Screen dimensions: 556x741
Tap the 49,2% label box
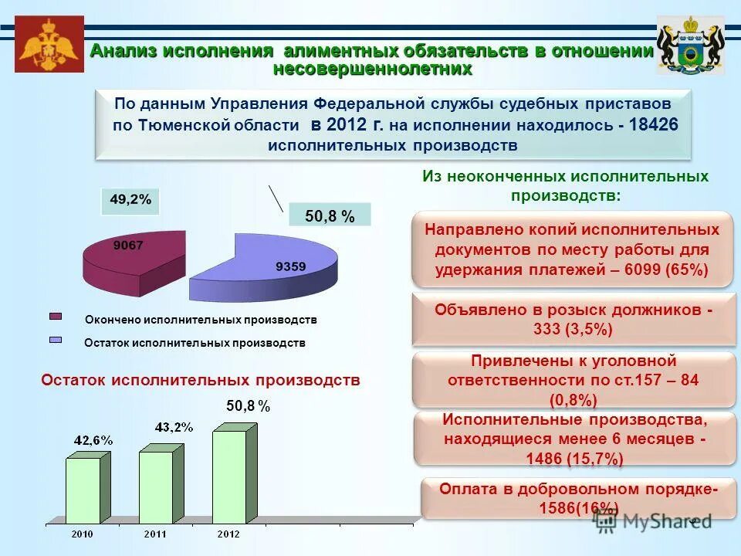(x=130, y=199)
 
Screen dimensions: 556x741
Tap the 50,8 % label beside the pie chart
(x=330, y=217)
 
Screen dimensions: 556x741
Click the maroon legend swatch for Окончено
(x=56, y=315)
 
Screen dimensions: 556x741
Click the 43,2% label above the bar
(x=174, y=426)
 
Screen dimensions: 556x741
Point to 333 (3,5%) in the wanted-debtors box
(x=572, y=329)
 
